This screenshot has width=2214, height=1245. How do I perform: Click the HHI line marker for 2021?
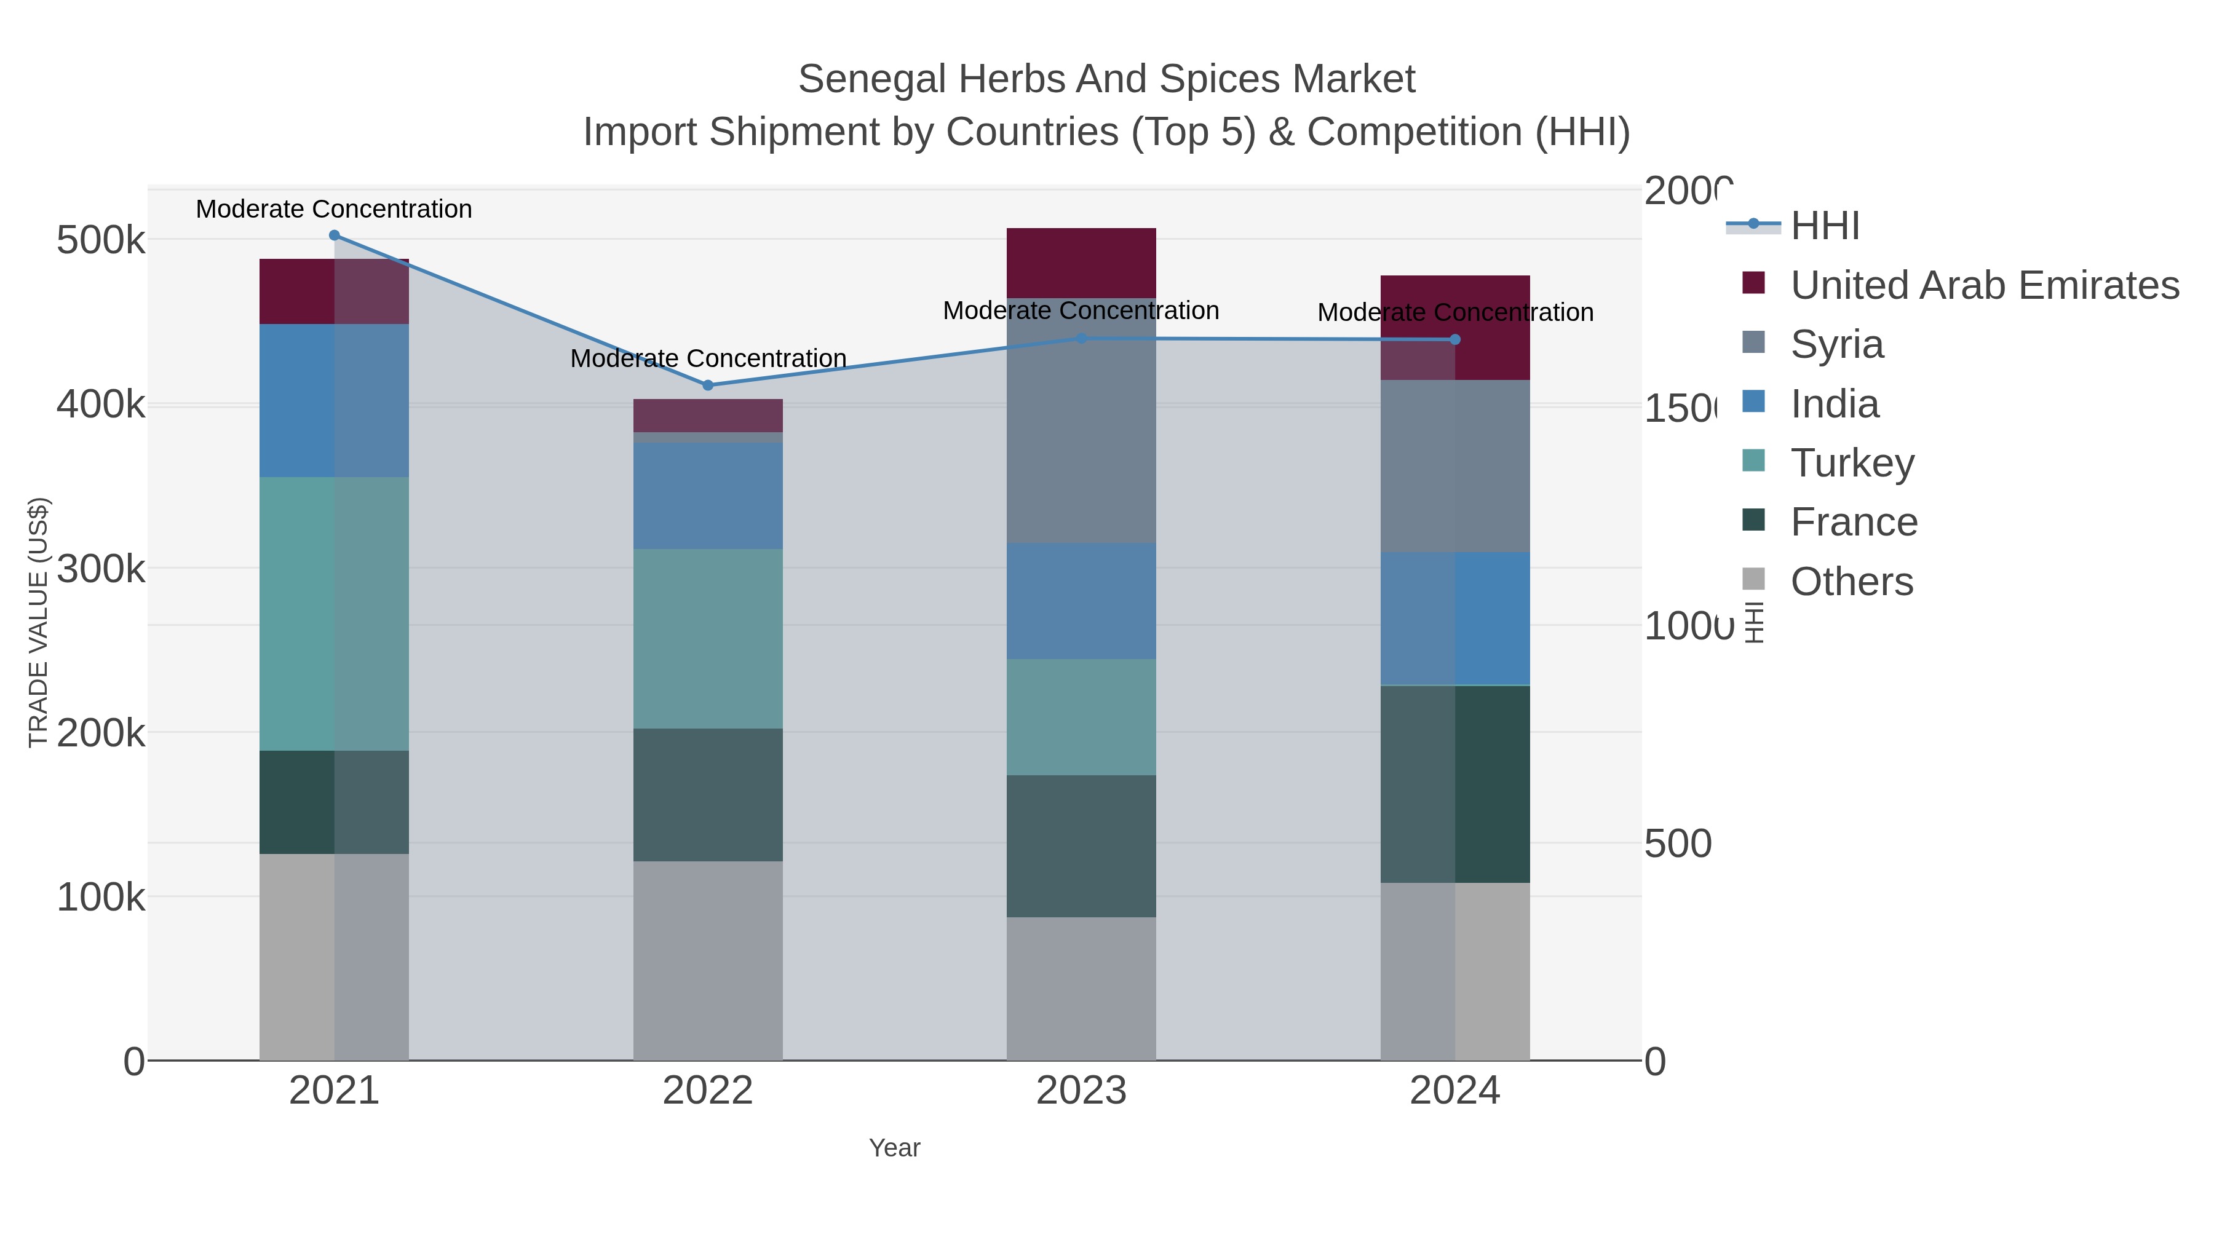point(335,235)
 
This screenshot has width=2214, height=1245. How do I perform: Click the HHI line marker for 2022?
point(708,385)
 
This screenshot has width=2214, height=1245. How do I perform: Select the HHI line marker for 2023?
point(1081,339)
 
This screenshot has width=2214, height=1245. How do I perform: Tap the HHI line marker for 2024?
point(1455,339)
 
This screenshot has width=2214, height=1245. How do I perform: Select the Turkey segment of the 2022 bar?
point(708,638)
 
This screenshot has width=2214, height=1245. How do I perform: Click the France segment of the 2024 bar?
point(1455,784)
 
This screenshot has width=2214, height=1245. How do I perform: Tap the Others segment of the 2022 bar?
point(708,960)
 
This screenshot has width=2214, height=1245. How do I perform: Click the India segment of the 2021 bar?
point(335,400)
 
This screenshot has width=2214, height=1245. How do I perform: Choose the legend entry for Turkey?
point(1852,463)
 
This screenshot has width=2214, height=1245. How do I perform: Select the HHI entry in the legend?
point(1825,226)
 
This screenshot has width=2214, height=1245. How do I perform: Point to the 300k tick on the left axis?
point(101,569)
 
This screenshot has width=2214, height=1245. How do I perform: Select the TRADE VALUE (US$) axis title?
point(39,622)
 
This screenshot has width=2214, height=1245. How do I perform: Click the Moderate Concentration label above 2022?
point(708,358)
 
